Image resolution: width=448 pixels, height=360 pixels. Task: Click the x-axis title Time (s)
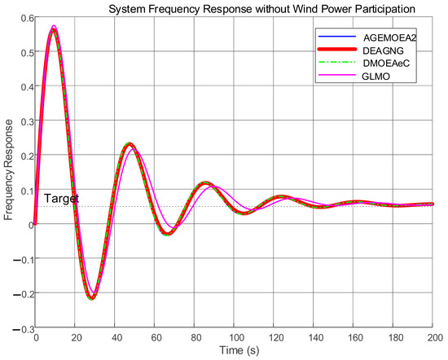[238, 351]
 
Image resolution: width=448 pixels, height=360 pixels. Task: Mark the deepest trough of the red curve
[91, 298]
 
